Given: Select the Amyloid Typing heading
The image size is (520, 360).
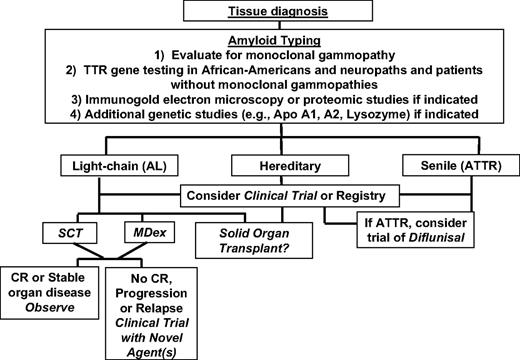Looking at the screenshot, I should coord(259,46).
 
